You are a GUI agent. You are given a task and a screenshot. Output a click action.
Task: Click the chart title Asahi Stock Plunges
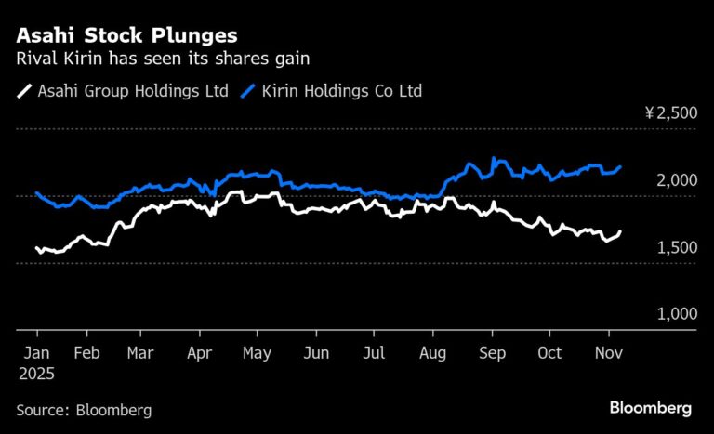tap(126, 36)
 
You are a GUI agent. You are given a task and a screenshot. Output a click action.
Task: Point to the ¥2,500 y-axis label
tap(670, 113)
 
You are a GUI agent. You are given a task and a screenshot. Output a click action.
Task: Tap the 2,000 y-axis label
tap(676, 180)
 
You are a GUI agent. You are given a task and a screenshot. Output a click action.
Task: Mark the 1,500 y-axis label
tap(676, 247)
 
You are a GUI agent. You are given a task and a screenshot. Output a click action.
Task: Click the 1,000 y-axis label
tap(676, 314)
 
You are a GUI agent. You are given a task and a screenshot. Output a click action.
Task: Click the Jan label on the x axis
tap(36, 354)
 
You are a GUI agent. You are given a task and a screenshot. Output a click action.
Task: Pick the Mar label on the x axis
tap(140, 354)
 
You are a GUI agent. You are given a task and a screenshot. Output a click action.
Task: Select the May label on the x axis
tap(258, 354)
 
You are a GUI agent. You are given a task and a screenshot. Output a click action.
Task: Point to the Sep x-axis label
tap(492, 354)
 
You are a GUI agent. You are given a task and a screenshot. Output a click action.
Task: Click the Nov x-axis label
tap(608, 354)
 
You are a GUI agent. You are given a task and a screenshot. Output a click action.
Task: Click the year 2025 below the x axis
tap(36, 374)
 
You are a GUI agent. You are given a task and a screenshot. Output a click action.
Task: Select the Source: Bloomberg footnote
tap(84, 409)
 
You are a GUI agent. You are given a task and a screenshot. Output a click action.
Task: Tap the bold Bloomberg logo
tap(651, 408)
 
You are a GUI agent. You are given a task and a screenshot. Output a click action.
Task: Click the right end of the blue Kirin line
tap(621, 167)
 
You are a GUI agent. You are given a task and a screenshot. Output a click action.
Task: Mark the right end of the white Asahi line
tap(621, 231)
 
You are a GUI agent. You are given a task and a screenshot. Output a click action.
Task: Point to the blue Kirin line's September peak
tap(495, 159)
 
